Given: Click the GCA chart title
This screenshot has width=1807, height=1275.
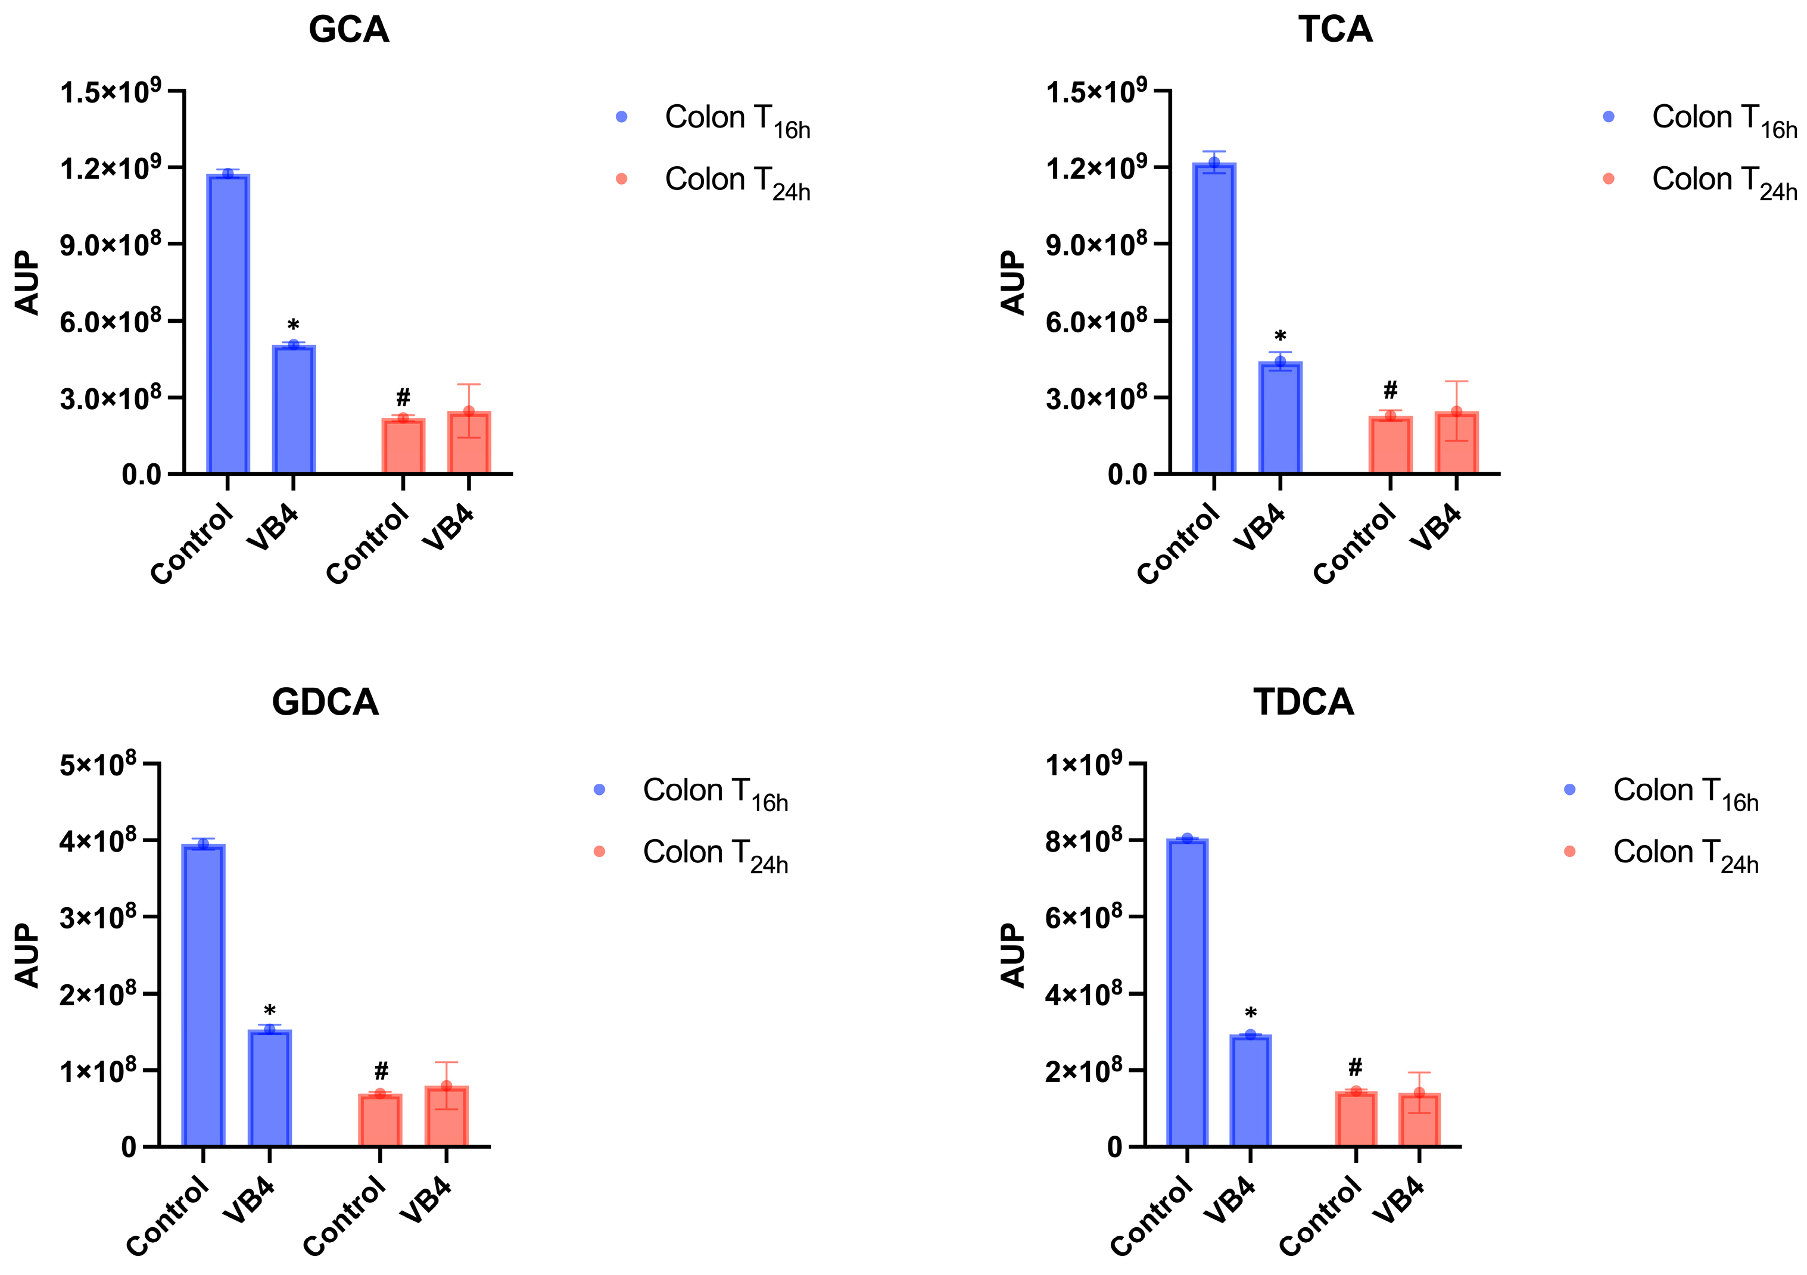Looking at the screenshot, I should tap(348, 30).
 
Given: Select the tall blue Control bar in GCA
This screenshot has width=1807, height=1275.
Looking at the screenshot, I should tap(228, 323).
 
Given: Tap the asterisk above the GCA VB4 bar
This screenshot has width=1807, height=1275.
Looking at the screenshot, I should tap(294, 325).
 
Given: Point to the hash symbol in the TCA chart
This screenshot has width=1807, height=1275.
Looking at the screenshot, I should tap(1391, 389).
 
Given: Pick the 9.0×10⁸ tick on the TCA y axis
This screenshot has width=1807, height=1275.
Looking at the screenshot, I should tap(1095, 245).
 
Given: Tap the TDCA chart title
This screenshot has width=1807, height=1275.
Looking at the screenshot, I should tap(1303, 702).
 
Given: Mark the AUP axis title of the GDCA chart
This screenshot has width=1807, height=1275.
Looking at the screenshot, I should tap(27, 955).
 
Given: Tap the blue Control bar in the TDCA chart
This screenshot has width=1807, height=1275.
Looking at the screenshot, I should tap(1188, 992).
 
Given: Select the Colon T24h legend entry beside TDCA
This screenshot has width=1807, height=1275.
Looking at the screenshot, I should tap(1684, 854).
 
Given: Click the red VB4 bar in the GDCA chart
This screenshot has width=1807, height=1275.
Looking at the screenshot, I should tap(446, 1116).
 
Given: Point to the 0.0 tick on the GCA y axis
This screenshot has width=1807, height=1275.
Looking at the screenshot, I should tap(142, 475).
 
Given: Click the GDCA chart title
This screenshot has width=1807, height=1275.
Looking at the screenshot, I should tap(325, 702).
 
